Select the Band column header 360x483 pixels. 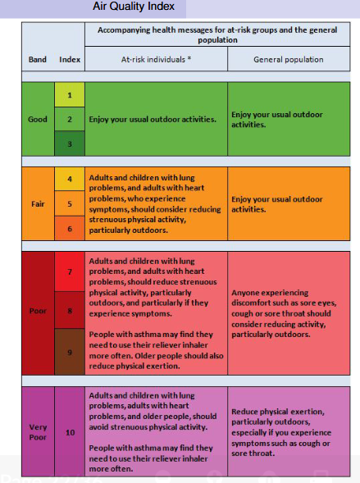tap(37, 60)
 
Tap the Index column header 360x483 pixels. tap(70, 60)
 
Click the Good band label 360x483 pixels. tap(38, 119)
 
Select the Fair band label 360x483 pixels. tap(38, 203)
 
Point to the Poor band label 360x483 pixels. tap(38, 312)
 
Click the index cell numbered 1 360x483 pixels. tap(70, 95)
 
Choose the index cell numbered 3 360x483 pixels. tap(70, 144)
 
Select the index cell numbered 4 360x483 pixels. tap(70, 178)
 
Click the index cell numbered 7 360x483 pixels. tap(70, 271)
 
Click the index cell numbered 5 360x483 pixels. tap(70, 203)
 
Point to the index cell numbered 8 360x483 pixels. tap(70, 312)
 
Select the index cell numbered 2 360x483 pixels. tap(70, 119)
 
